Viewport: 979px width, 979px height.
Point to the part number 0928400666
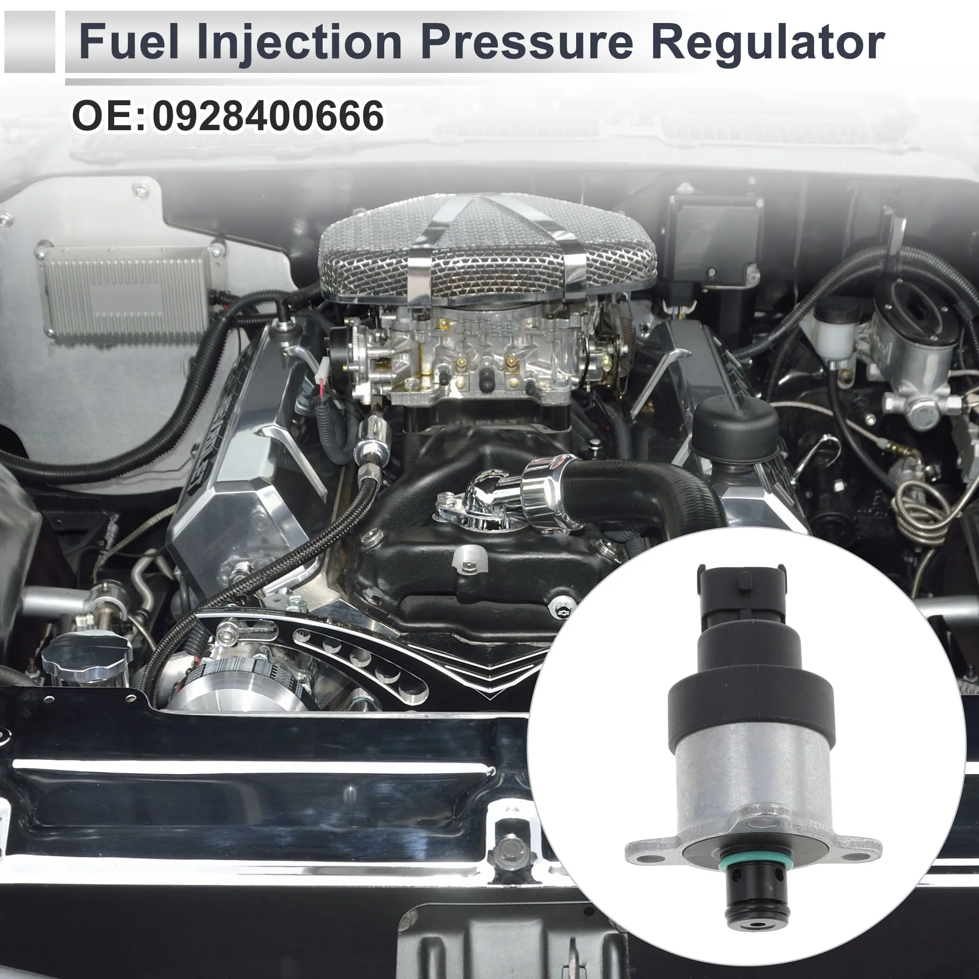(268, 117)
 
